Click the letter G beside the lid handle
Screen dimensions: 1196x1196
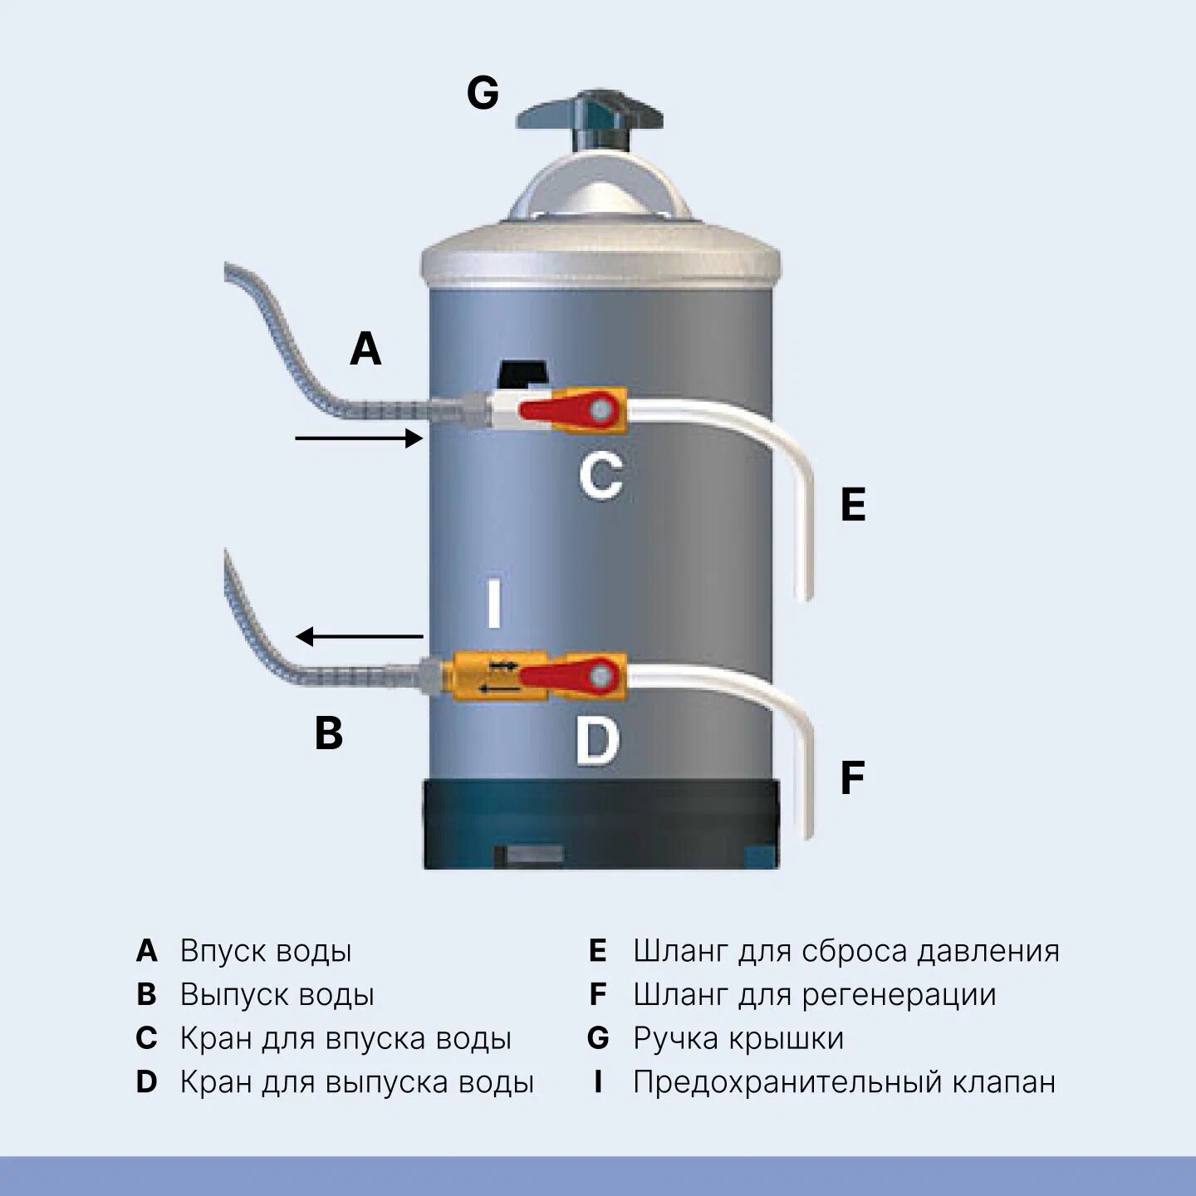(483, 93)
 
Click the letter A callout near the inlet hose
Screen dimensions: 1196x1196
(365, 348)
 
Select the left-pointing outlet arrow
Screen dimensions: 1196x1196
(360, 637)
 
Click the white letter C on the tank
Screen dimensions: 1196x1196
(600, 476)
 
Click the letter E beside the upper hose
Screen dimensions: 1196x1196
(853, 504)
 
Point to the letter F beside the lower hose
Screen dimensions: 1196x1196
(852, 778)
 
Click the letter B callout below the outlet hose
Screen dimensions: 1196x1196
(329, 733)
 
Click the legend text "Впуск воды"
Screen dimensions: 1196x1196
(266, 951)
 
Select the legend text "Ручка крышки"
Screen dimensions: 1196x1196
(738, 1038)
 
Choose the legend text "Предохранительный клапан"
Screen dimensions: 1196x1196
(844, 1082)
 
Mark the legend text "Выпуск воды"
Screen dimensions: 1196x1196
(277, 995)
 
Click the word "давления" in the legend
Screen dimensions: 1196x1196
(988, 951)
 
